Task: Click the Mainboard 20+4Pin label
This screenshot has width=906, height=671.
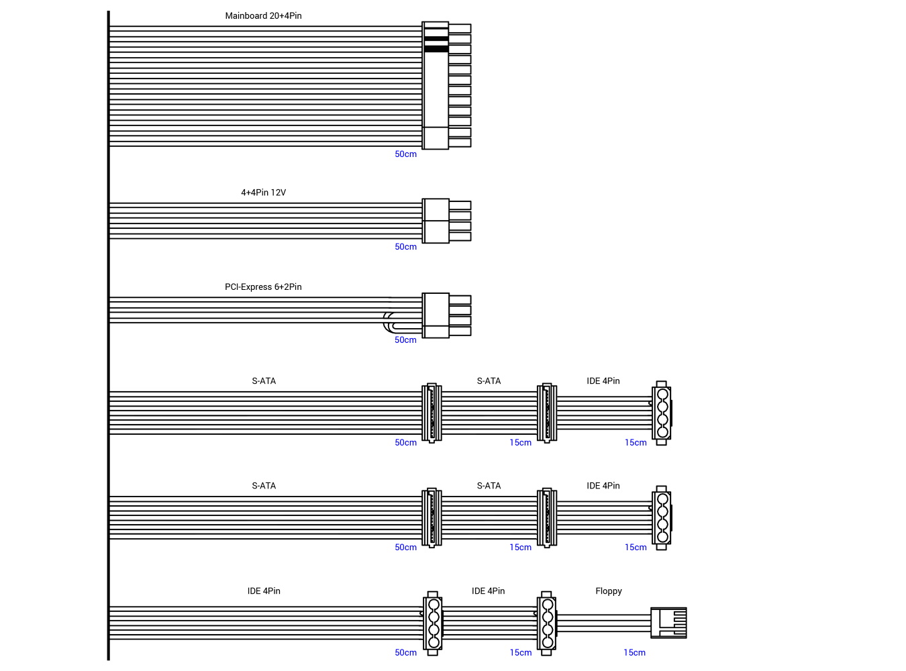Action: point(263,15)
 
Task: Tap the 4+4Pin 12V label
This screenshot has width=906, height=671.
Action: point(263,193)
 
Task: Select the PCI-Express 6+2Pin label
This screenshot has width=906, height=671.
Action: point(263,287)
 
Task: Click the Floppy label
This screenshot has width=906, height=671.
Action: point(608,591)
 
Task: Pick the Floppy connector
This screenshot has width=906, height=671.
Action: point(668,623)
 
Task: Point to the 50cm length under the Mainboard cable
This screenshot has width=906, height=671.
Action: point(405,154)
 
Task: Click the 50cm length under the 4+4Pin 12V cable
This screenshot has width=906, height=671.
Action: point(405,247)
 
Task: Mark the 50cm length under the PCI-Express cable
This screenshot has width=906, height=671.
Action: point(405,340)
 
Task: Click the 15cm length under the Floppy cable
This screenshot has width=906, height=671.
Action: point(634,653)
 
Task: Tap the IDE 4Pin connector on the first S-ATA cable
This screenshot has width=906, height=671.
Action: point(662,413)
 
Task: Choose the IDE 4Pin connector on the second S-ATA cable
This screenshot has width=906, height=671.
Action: point(662,518)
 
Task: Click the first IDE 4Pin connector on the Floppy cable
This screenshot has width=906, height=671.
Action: point(434,623)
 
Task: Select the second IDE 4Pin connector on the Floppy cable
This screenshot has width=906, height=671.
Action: point(547,623)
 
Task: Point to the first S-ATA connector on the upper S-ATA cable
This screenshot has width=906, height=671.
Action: point(432,413)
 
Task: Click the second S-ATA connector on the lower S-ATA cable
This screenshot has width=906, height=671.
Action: point(547,518)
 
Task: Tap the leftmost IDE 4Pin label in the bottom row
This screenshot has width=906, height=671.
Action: point(264,591)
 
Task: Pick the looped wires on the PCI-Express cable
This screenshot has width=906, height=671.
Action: point(389,322)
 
